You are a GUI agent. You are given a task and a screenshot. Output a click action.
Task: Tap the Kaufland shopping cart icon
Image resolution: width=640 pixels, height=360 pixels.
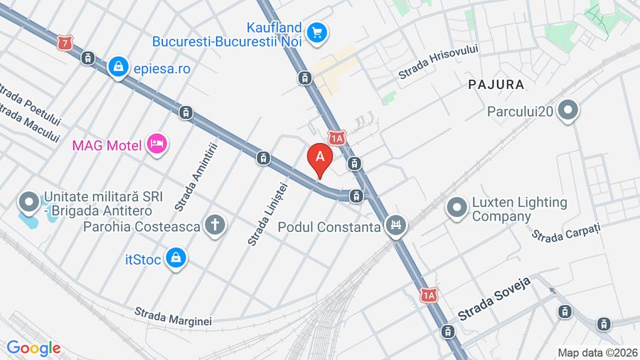pyautogui.click(x=316, y=32)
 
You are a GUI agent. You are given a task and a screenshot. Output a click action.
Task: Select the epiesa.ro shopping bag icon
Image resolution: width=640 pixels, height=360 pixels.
pyautogui.click(x=117, y=68)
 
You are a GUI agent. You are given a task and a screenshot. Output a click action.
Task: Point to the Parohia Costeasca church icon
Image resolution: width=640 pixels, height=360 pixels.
pyautogui.click(x=214, y=226)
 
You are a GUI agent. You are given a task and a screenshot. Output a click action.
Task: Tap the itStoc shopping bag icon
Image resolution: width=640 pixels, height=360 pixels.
pyautogui.click(x=175, y=259)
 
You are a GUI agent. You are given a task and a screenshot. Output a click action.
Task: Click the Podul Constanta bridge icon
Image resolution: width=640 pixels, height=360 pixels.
pyautogui.click(x=396, y=228)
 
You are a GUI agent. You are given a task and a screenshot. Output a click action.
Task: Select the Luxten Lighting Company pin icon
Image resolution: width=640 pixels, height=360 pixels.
pyautogui.click(x=456, y=208)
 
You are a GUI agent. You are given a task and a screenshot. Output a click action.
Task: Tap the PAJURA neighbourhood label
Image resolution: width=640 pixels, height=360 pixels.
pyautogui.click(x=496, y=85)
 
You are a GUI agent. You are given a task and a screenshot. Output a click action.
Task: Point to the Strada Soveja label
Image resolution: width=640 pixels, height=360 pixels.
pyautogui.click(x=496, y=302)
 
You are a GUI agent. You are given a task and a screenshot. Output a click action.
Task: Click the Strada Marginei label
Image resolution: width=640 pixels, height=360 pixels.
pyautogui.click(x=174, y=317)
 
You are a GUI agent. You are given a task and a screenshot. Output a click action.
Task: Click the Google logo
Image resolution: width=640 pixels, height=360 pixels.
pyautogui.click(x=33, y=348)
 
